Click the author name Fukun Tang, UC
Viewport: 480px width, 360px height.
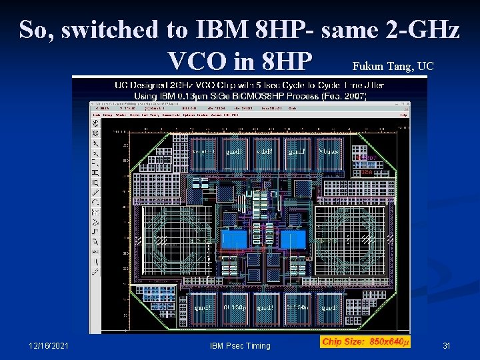pyautogui.click(x=393, y=66)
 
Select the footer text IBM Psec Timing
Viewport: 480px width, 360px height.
pyautogui.click(x=240, y=345)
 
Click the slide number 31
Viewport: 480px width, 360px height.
pyautogui.click(x=447, y=345)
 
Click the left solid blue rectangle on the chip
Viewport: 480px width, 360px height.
pyautogui.click(x=234, y=239)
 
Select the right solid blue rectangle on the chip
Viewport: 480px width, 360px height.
pyautogui.click(x=292, y=239)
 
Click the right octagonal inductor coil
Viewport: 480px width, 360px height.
pyautogui.click(x=351, y=235)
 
